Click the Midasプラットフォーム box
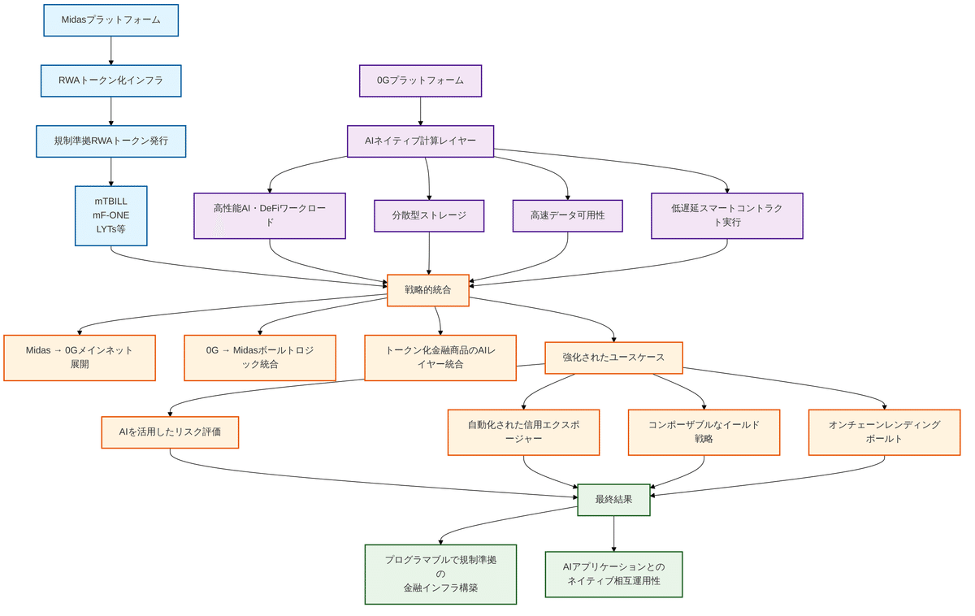(x=110, y=20)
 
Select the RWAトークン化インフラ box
(x=110, y=80)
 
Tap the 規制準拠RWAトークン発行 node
(x=110, y=141)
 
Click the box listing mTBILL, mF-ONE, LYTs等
(x=110, y=215)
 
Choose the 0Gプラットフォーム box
(x=420, y=80)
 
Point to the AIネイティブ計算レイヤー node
(x=420, y=141)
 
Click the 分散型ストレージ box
(x=429, y=215)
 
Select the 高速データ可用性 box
(x=567, y=215)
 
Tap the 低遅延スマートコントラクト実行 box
(x=726, y=215)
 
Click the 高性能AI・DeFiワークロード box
(x=270, y=215)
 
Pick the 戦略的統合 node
(x=428, y=289)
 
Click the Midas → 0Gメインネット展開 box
(x=80, y=358)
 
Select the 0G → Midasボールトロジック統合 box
(x=260, y=358)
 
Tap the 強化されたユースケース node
(x=613, y=358)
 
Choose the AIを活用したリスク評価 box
(x=170, y=432)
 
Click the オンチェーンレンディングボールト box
(x=884, y=432)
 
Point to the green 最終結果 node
(x=613, y=500)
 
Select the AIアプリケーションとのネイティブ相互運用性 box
(x=613, y=574)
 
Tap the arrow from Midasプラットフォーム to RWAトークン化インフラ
(x=110, y=50)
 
